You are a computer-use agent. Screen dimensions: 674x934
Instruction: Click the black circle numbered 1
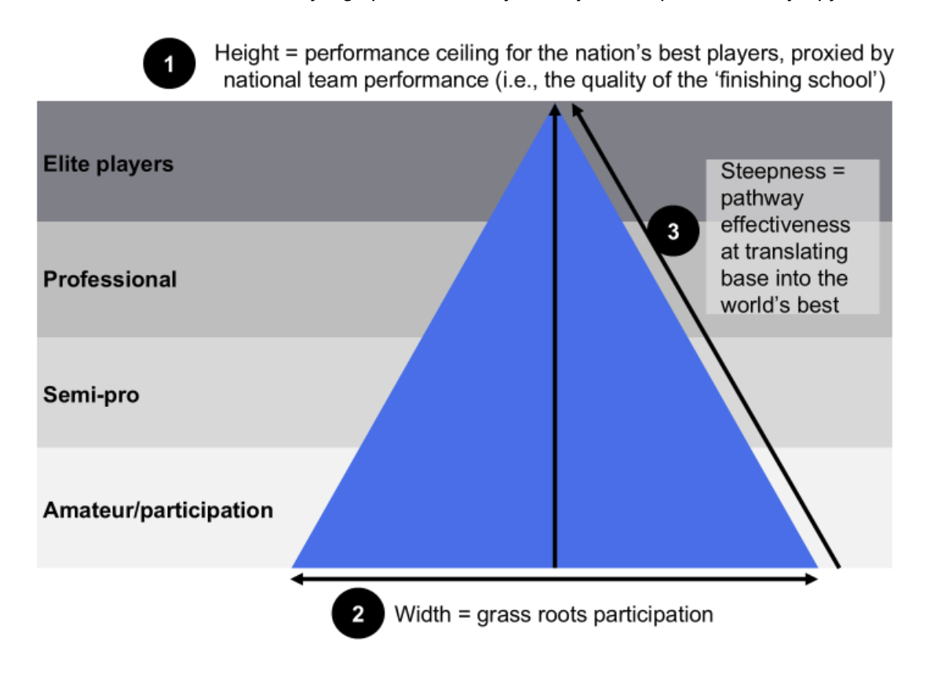[x=170, y=64]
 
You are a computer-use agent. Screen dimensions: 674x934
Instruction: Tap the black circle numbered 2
[x=358, y=614]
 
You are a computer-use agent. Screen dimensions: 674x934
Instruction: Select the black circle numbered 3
[x=673, y=233]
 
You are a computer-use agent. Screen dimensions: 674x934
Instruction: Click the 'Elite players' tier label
[x=108, y=164]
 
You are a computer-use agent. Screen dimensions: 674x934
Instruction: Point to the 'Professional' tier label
[x=110, y=279]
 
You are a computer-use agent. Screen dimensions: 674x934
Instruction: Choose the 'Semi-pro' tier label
[x=91, y=394]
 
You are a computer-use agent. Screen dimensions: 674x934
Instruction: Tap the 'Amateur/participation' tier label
[x=158, y=510]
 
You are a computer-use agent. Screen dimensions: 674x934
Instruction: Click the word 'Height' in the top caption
[x=247, y=53]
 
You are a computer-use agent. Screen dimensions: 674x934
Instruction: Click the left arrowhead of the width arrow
[x=296, y=579]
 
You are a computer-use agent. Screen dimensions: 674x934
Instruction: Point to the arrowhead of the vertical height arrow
[x=556, y=109]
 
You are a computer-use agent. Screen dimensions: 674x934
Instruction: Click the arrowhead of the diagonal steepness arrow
[x=575, y=110]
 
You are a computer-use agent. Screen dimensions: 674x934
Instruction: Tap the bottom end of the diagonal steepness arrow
[x=838, y=565]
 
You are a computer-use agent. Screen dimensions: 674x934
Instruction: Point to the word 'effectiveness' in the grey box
[x=785, y=225]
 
